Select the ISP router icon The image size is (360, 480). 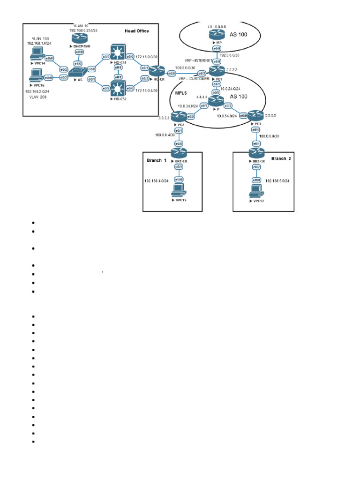(217, 37)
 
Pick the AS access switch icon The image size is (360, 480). (76, 73)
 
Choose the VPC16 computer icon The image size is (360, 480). (34, 76)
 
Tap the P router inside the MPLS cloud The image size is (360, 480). (216, 101)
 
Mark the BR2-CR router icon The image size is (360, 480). (256, 152)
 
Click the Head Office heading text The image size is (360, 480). (137, 31)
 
